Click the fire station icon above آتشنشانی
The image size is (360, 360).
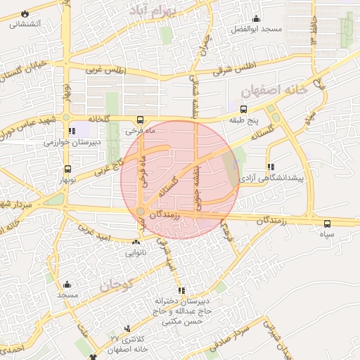click(25, 13)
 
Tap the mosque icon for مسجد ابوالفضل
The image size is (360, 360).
click(257, 18)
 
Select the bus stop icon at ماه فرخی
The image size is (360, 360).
click(141, 120)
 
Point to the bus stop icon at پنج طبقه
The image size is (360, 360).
click(243, 110)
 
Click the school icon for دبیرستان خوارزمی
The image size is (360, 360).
click(72, 131)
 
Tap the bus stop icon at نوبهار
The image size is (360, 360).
click(67, 169)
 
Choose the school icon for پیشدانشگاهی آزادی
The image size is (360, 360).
click(271, 167)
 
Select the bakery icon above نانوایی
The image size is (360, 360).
click(135, 242)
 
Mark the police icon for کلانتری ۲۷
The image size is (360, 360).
click(127, 328)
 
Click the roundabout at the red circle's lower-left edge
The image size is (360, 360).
click(141, 212)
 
